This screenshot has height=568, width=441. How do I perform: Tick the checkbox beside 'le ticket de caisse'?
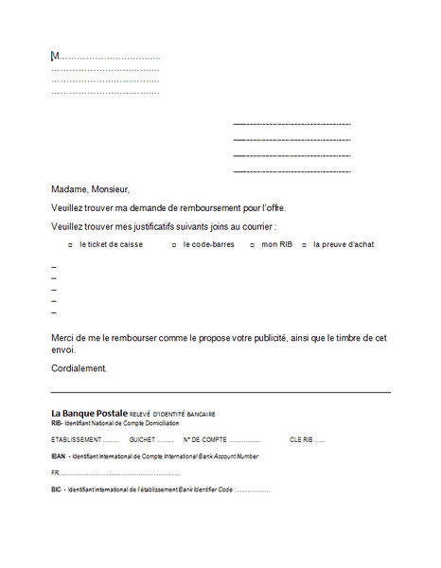point(71,245)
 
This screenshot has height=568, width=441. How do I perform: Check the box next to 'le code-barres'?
point(175,245)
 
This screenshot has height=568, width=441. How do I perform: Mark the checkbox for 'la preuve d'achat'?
point(305,245)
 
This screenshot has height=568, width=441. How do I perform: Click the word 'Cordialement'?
point(79,368)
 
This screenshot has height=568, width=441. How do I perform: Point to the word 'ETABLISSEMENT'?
point(76,439)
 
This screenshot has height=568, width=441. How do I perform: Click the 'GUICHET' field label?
point(142,439)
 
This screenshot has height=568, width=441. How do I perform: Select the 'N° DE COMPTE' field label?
point(204,439)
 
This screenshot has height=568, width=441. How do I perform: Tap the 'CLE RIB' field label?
point(301,439)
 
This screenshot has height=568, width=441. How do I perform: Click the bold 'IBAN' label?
point(59,456)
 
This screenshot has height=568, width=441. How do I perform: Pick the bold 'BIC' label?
point(57,489)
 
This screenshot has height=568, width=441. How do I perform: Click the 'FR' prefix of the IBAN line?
point(55,472)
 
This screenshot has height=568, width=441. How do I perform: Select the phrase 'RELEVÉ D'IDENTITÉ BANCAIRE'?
point(172,414)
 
